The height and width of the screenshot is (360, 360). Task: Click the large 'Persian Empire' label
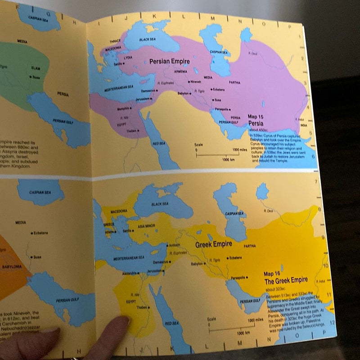click(x=169, y=61)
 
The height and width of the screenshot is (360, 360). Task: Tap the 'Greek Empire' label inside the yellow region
click(x=213, y=245)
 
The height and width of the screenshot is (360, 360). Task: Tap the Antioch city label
click(x=173, y=245)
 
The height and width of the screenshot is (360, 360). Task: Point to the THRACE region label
click(x=116, y=40)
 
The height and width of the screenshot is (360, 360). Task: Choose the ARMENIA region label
click(x=180, y=71)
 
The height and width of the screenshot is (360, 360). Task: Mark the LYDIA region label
click(x=128, y=58)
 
